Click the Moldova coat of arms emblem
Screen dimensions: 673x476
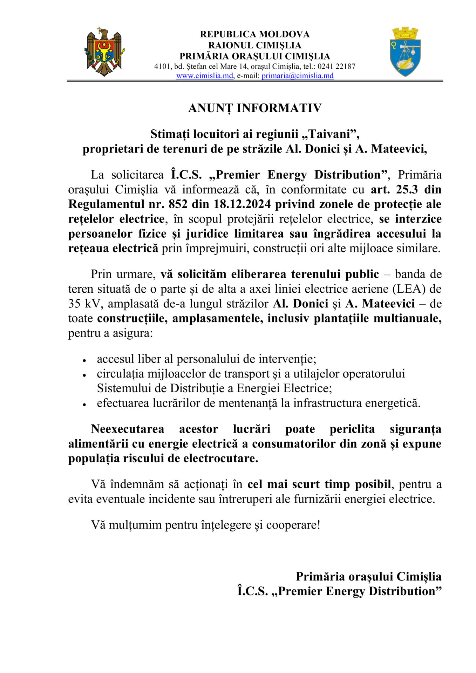pyautogui.click(x=104, y=52)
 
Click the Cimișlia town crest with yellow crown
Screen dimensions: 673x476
pyautogui.click(x=405, y=52)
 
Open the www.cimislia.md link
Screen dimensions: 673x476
pyautogui.click(x=204, y=76)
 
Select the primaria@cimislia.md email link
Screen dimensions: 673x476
pyautogui.click(x=297, y=76)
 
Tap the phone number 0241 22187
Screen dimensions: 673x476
pyautogui.click(x=336, y=66)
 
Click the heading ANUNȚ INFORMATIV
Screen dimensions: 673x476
pyautogui.click(x=255, y=108)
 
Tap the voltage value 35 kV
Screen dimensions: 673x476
pyautogui.click(x=84, y=304)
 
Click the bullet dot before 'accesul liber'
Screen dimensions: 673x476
pyautogui.click(x=84, y=360)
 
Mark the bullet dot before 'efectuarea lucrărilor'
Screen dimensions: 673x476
pyautogui.click(x=84, y=404)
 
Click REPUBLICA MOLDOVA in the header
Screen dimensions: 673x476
pyautogui.click(x=255, y=34)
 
